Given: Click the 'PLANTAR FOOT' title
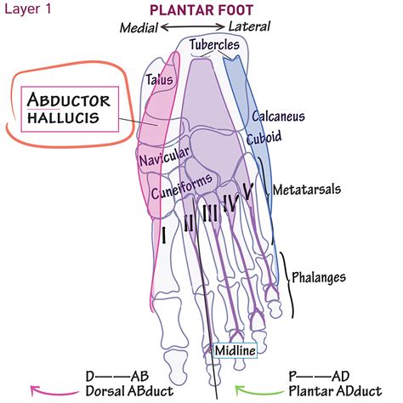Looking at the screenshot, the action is [201, 10].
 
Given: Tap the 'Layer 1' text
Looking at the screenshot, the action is [28, 9].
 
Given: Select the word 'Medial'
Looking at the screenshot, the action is [139, 28].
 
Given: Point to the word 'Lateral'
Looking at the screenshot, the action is [249, 26].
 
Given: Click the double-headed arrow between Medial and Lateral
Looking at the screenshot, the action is [193, 27].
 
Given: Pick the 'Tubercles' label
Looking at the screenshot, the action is [214, 44].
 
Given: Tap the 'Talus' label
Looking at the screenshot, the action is [159, 80].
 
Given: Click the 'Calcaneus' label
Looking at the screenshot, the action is [278, 116].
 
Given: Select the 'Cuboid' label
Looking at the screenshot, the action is [264, 137].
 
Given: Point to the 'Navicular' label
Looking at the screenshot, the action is [164, 156].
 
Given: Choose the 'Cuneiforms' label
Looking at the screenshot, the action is [181, 185].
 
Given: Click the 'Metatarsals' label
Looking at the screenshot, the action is [307, 190].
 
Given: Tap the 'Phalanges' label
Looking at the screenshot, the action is [319, 277].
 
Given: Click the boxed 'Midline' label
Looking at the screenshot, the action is [236, 350].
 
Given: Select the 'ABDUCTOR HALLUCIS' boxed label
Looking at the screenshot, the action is [70, 109].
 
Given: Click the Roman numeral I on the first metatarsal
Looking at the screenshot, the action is [163, 235].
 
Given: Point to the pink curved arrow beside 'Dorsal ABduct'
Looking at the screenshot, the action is [54, 391].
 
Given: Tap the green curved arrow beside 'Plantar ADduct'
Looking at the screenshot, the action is [258, 390].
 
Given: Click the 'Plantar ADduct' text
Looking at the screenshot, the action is [335, 391].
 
